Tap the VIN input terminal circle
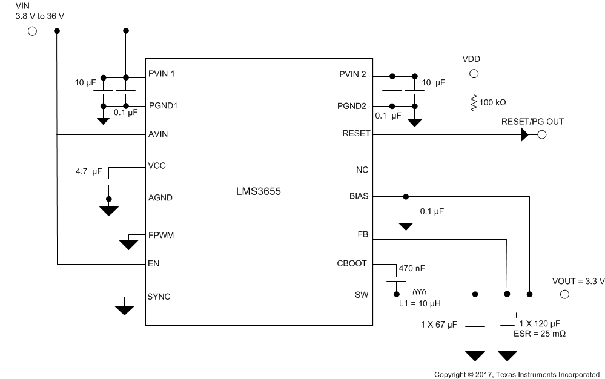32,30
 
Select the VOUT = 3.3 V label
578,282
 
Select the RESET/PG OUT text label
532,122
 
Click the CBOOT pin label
353,263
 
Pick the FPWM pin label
161,234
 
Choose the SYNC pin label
160,297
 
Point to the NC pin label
362,170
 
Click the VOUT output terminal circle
564,294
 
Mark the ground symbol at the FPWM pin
128,243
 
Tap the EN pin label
154,264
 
